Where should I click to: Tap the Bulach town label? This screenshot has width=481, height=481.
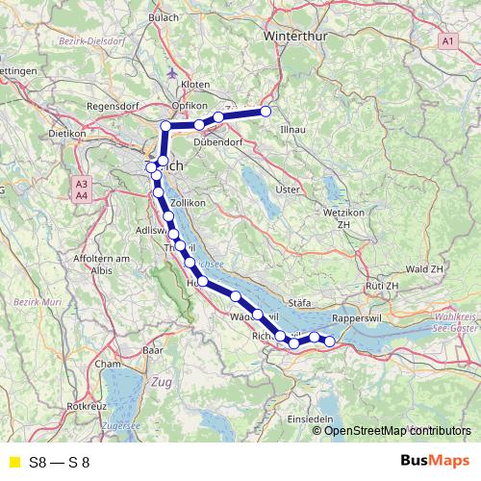pos(165,16)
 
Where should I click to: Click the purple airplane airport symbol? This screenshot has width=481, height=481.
pos(171,72)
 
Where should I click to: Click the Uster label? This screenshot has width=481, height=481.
pos(288,190)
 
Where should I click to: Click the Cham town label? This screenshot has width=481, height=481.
pos(106,365)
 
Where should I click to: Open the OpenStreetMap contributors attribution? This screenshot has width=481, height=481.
pos(391,430)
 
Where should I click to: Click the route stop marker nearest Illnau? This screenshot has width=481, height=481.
pos(267,112)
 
